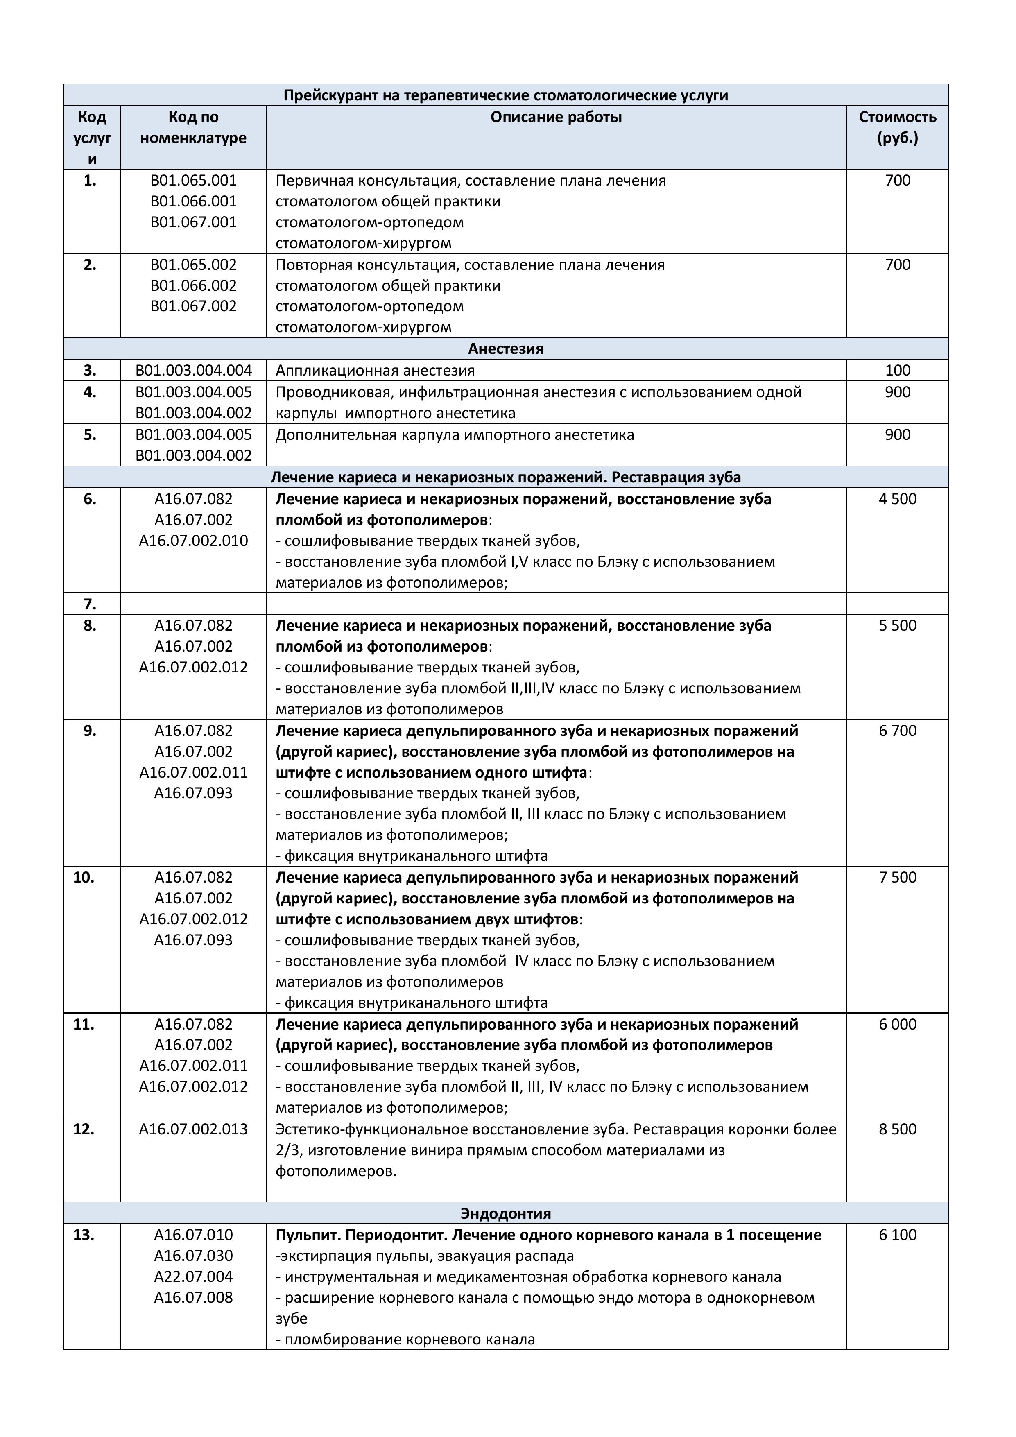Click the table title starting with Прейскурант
505,95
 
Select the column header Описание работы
556,117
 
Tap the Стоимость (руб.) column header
897,127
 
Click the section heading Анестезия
505,349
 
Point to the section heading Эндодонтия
505,1213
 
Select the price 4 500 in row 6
897,499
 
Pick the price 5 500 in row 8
897,625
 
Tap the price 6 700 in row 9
897,731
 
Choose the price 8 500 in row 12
897,1129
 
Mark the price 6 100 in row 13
897,1235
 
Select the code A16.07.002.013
193,1129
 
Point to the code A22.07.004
193,1276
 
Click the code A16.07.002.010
193,541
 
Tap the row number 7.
90,604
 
